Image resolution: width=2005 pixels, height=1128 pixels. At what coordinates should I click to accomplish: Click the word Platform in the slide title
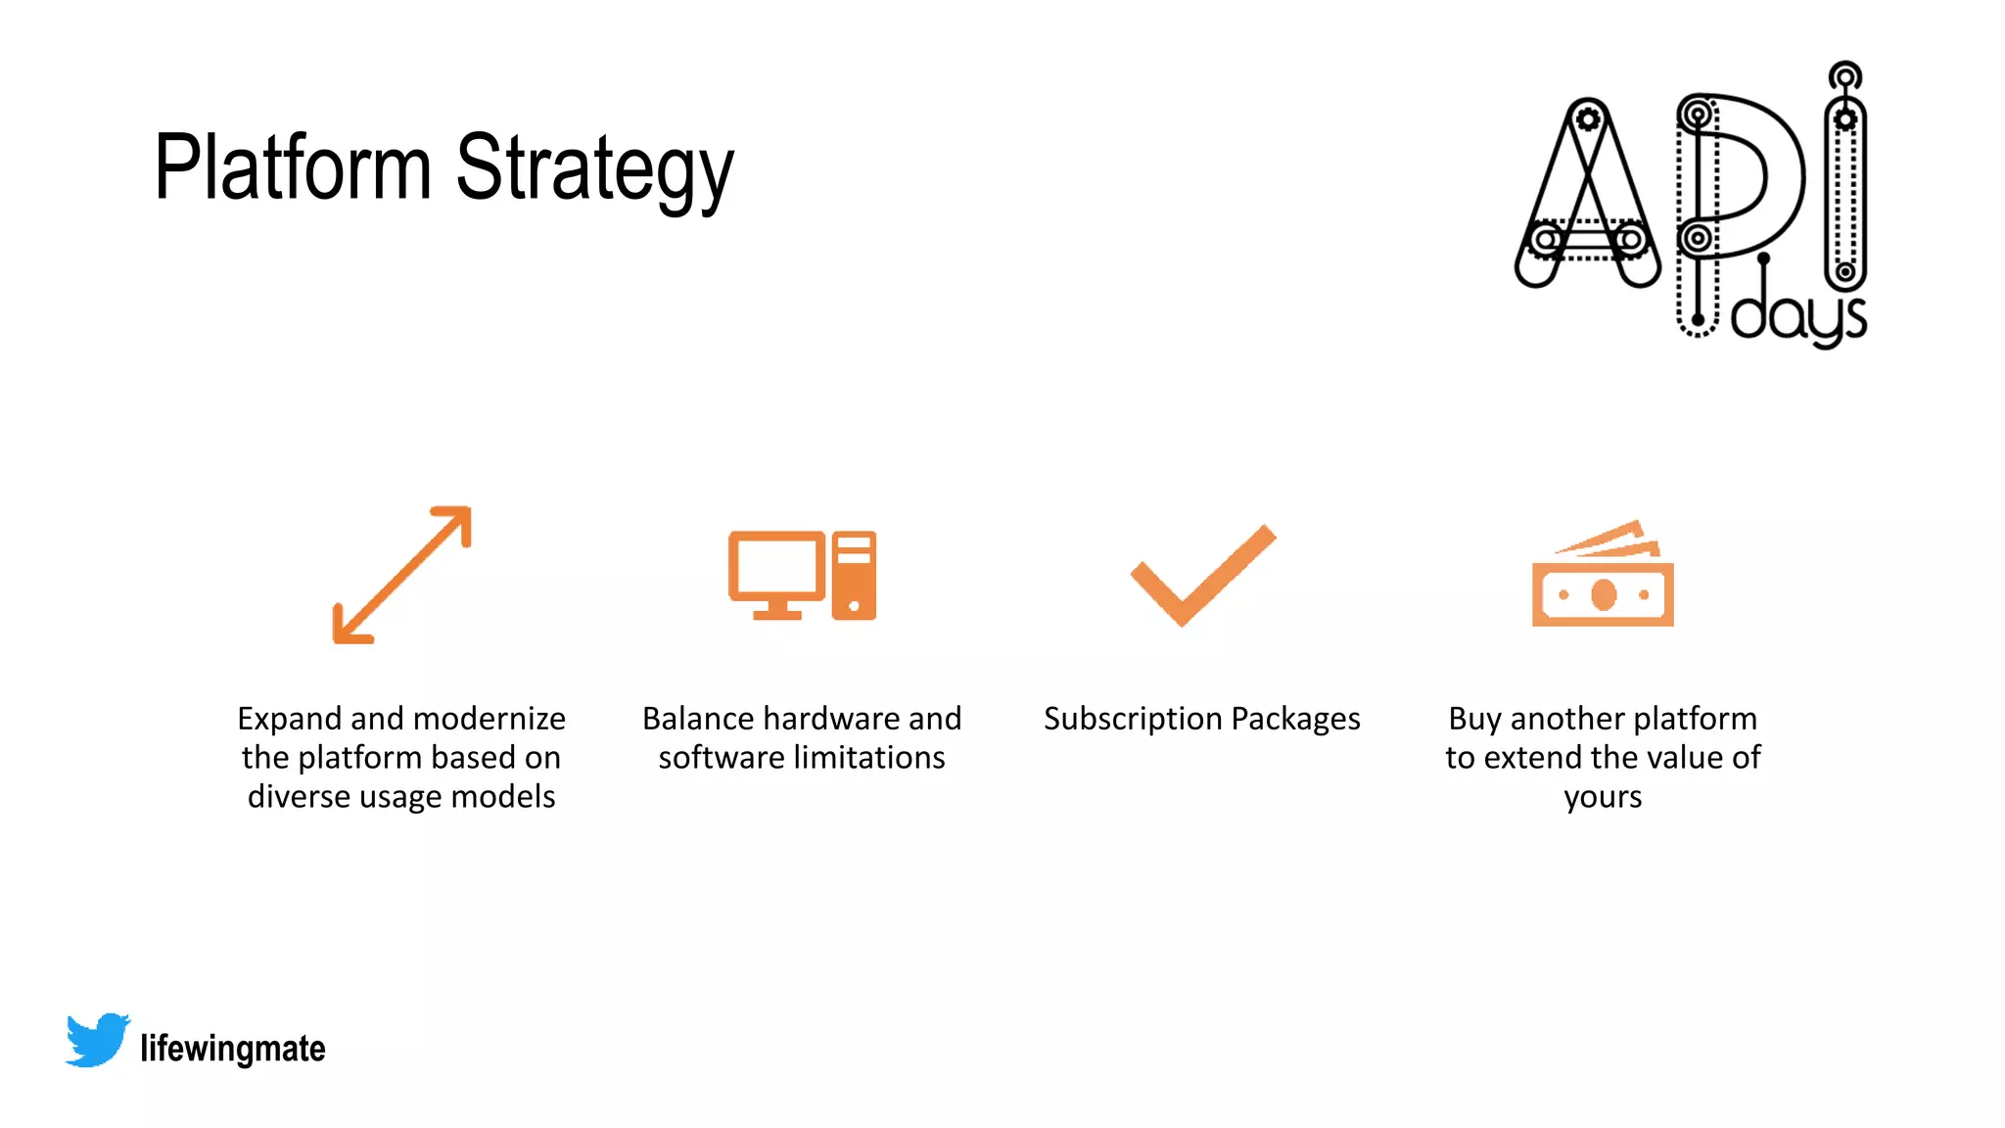tap(292, 167)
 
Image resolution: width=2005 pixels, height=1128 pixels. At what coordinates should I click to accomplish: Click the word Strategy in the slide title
tap(594, 170)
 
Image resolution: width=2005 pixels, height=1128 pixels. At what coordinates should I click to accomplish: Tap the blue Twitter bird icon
tap(97, 1040)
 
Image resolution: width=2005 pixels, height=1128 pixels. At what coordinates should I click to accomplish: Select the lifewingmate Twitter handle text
tap(233, 1049)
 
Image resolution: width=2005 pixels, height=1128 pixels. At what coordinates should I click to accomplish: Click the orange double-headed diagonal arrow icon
tap(401, 575)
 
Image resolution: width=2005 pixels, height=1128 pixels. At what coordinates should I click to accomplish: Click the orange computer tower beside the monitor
tap(854, 576)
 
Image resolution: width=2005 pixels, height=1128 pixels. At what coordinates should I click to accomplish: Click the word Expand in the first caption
tap(290, 719)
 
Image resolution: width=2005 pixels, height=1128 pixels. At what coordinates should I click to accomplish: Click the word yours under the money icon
tap(1603, 797)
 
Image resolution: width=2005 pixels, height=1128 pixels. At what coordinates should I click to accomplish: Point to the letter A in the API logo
tap(1587, 196)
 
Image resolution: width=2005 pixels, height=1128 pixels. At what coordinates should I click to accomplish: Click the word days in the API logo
tap(1798, 315)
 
